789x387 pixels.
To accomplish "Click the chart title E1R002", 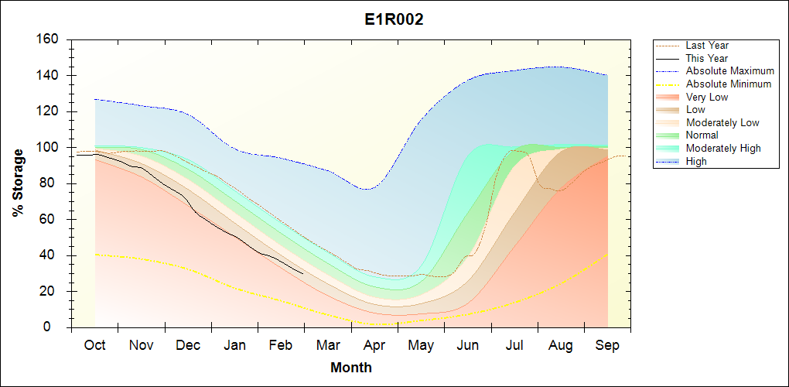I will point(394,20).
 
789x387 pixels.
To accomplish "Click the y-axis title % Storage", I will point(18,183).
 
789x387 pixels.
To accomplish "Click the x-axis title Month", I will point(350,368).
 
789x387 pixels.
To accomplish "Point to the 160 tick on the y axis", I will point(48,39).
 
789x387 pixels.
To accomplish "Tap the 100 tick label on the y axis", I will point(48,148).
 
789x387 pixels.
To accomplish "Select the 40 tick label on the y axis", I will point(51,255).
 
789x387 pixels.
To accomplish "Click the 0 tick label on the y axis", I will point(54,327).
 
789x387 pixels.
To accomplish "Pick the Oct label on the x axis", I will point(94,345).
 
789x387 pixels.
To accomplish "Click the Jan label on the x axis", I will point(234,345).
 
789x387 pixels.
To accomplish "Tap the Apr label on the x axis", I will point(374,345).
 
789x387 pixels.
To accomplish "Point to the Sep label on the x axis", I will point(607,345).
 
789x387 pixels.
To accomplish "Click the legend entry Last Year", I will point(707,46).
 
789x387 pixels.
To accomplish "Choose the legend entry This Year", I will point(707,58).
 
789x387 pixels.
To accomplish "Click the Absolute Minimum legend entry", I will point(729,84).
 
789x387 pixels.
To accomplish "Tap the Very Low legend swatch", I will point(668,97).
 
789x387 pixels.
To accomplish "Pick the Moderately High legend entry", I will point(723,148).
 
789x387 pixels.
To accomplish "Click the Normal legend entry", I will point(702,135).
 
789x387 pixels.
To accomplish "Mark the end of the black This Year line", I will point(302,273).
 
